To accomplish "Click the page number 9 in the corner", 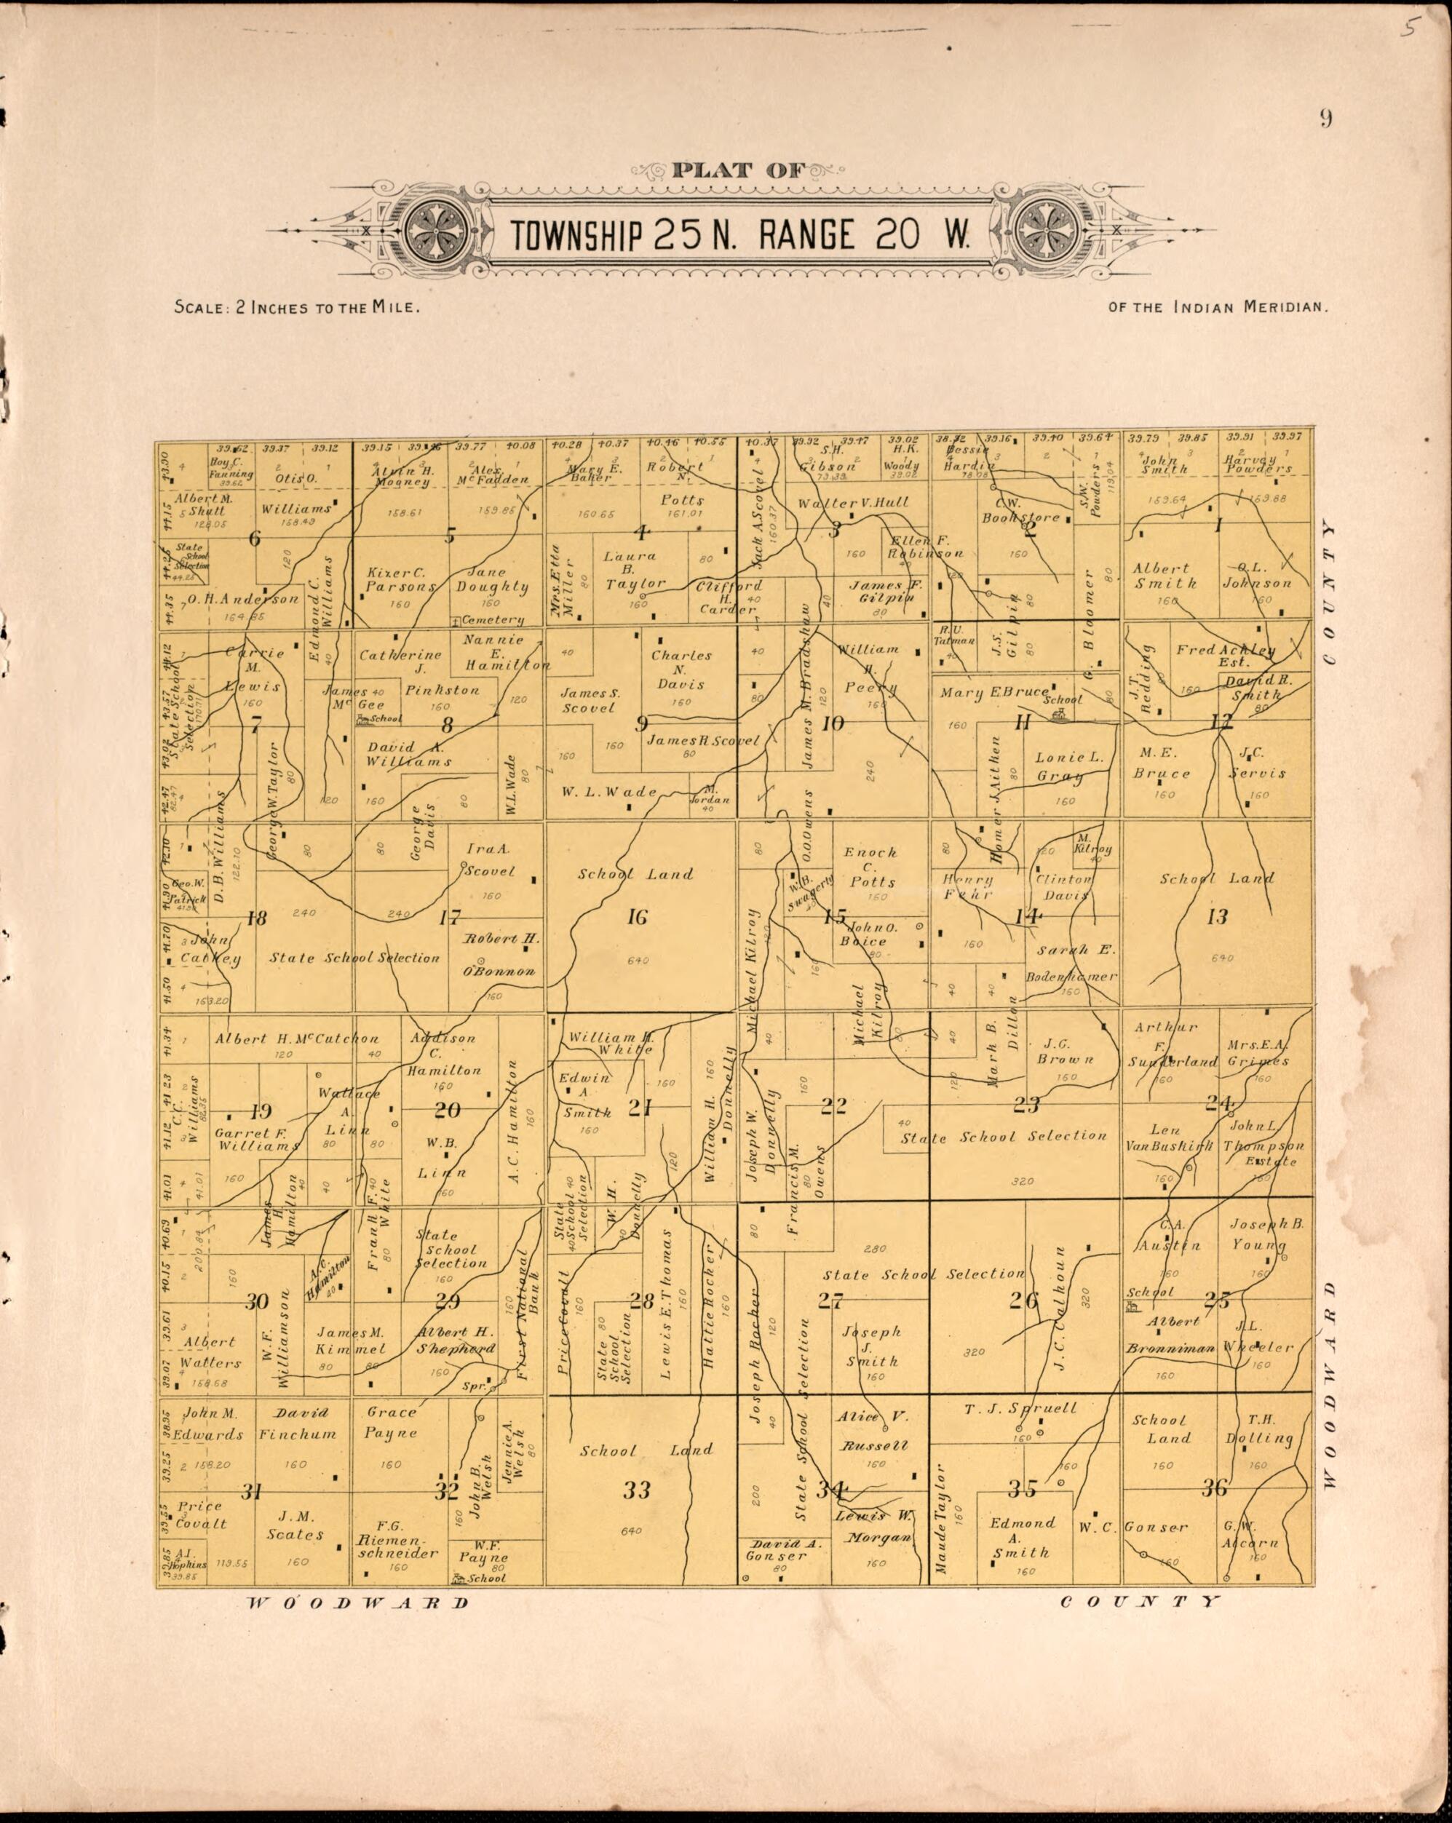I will click(x=1325, y=119).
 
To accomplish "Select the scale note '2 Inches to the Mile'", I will click(x=297, y=307).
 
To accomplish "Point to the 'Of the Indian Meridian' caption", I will click(x=1218, y=307).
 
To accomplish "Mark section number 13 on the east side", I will click(x=1217, y=916).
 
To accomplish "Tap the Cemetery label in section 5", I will click(x=493, y=620).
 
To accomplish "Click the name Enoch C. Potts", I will click(x=870, y=866).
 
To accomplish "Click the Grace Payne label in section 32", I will click(x=392, y=1423).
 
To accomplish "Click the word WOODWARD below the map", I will click(x=357, y=1602).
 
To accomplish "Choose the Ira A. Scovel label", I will click(x=491, y=860).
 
